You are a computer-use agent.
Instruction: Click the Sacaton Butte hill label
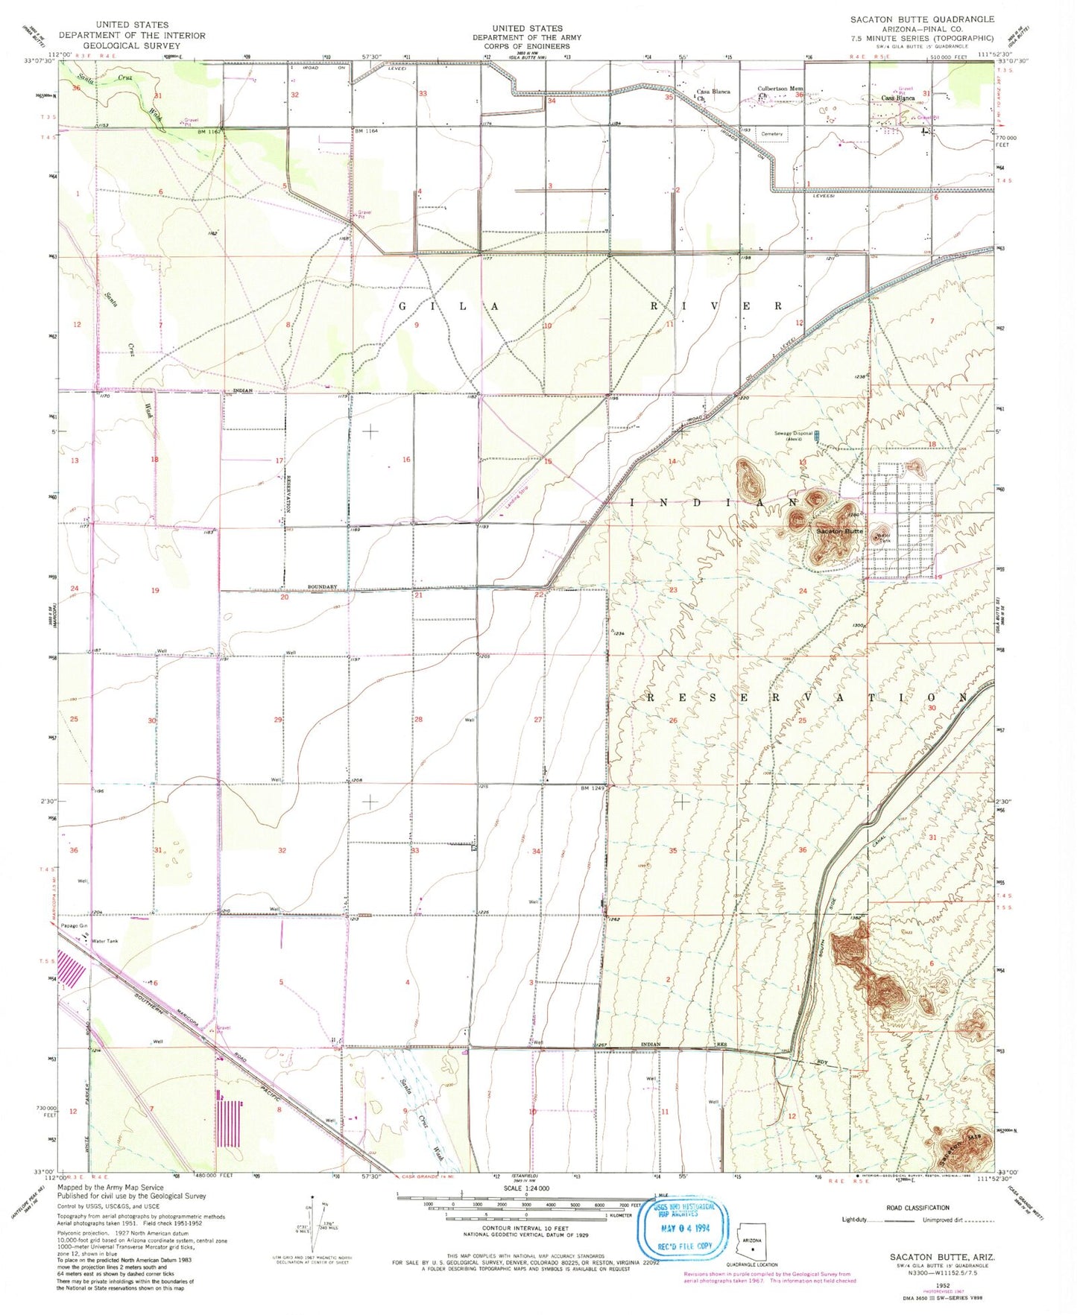839,531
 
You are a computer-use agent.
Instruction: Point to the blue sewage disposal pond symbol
816,434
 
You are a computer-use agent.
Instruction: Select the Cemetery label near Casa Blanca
772,134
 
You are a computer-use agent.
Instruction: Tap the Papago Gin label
72,926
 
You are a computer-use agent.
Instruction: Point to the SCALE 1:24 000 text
526,1188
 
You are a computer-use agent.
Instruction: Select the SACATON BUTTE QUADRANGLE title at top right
922,19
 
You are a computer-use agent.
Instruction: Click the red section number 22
538,595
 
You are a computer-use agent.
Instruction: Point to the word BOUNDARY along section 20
323,587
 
